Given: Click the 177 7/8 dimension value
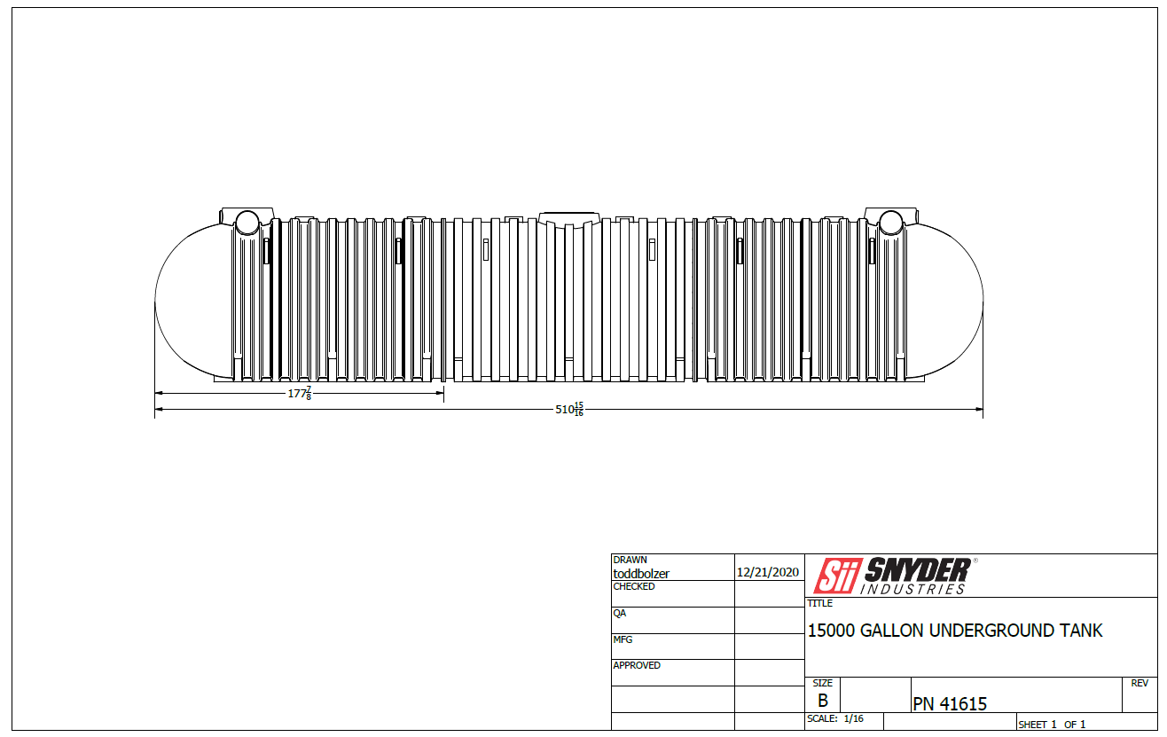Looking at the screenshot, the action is [x=300, y=393].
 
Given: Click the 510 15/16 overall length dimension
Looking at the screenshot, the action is [x=569, y=409].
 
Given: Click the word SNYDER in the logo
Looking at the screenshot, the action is [x=918, y=570].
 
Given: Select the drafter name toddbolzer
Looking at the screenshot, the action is [x=641, y=573].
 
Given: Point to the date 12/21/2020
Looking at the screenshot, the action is [x=767, y=572].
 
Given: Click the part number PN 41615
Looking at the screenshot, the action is [x=950, y=703].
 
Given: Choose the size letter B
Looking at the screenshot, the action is [x=823, y=700].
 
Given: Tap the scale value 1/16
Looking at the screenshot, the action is [x=853, y=718].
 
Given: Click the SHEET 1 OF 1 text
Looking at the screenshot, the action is [x=1052, y=725].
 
